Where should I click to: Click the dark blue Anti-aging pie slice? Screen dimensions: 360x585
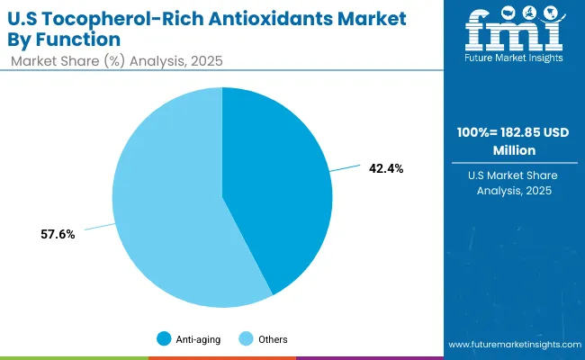[279, 189]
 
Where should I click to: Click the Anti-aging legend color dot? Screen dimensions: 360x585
[163, 339]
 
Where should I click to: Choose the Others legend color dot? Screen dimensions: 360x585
[245, 339]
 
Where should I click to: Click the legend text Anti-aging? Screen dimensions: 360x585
[195, 339]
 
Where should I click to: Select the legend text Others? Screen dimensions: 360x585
[272, 339]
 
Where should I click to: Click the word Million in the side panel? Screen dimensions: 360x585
[509, 151]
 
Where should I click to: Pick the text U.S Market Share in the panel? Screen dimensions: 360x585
[509, 175]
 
